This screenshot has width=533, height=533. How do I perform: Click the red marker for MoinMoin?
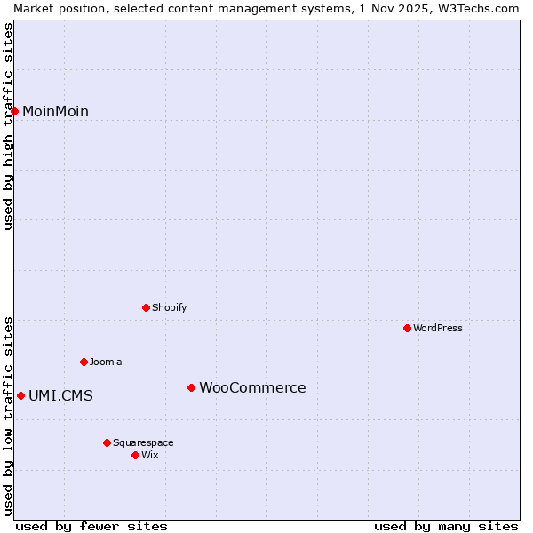pyautogui.click(x=15, y=111)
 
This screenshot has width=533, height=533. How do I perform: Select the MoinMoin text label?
pyautogui.click(x=55, y=112)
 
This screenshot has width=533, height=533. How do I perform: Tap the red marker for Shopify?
pyautogui.click(x=146, y=307)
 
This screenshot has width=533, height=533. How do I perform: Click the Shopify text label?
pyautogui.click(x=169, y=308)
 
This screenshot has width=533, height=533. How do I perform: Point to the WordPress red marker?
pyautogui.click(x=407, y=328)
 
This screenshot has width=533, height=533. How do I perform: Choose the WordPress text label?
pyautogui.click(x=437, y=329)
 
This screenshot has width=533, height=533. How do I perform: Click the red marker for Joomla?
pyautogui.click(x=84, y=362)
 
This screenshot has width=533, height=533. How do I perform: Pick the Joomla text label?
pyautogui.click(x=106, y=362)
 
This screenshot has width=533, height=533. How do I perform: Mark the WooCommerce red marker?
pyautogui.click(x=191, y=387)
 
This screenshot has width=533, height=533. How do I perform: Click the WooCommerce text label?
pyautogui.click(x=252, y=388)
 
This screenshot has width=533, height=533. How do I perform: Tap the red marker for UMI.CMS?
pyautogui.click(x=20, y=395)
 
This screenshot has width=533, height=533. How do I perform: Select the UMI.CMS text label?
pyautogui.click(x=60, y=396)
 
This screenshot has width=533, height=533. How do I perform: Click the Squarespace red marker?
pyautogui.click(x=107, y=442)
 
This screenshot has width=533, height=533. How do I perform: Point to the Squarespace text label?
pyautogui.click(x=143, y=443)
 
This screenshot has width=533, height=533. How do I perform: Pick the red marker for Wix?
pyautogui.click(x=135, y=455)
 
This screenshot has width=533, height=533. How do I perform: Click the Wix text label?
pyautogui.click(x=150, y=456)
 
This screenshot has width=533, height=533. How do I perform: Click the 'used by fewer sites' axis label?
pyautogui.click(x=91, y=526)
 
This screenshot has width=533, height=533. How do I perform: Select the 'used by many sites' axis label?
pyautogui.click(x=446, y=526)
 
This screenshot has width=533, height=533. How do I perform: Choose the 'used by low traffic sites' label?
pyautogui.click(x=9, y=416)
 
